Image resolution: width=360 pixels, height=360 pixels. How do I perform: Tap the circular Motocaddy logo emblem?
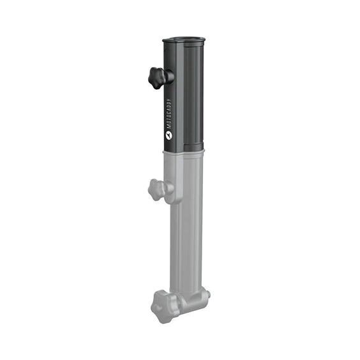point(169,135)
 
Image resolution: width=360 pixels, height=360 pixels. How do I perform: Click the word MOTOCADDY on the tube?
point(169,114)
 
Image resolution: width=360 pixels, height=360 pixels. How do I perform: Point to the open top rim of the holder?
point(184,40)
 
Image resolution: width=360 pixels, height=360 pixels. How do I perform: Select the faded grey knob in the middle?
point(156,190)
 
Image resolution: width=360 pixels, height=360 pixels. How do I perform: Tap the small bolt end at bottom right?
point(208,294)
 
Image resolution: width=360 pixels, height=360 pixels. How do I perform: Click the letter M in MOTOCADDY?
point(169,127)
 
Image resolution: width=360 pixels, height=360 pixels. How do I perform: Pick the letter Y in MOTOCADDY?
point(169,100)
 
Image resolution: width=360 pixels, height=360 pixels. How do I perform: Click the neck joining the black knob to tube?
point(169,77)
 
